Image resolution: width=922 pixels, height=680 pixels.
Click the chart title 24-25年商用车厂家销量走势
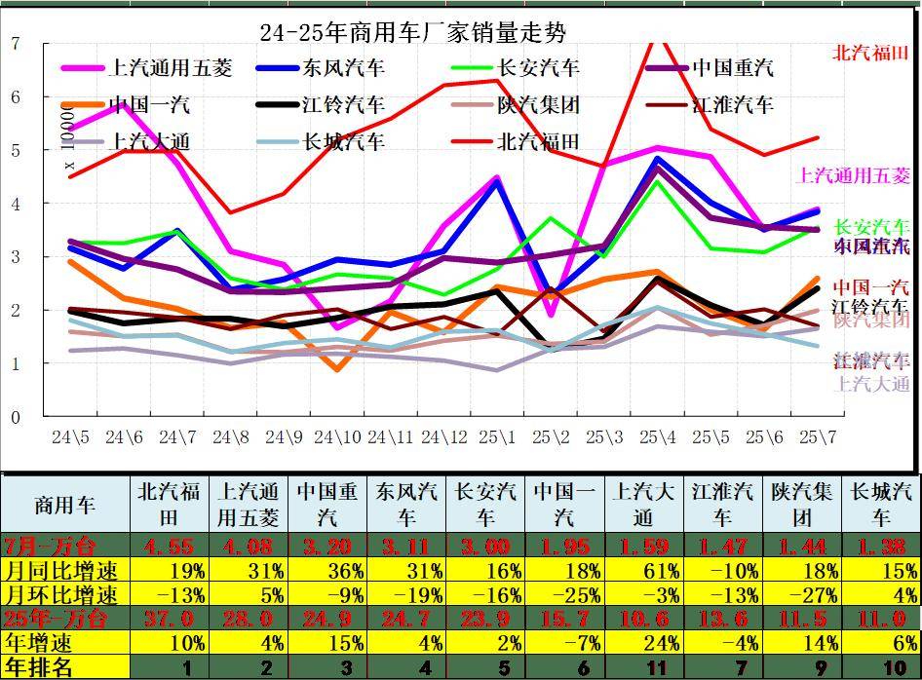(412, 33)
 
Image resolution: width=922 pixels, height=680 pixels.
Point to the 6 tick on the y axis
(15, 96)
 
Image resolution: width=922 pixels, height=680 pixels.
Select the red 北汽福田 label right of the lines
(870, 53)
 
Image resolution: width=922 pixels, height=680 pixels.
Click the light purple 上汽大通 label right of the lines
(872, 383)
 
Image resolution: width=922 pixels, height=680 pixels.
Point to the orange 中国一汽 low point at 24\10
(336, 370)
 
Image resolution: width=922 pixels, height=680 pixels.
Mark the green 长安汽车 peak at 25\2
(551, 218)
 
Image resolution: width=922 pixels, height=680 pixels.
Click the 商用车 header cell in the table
(65, 505)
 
